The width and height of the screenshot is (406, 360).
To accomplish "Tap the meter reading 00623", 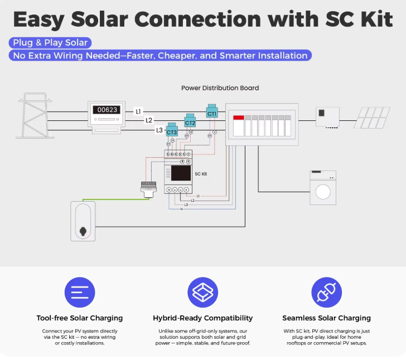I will pyautogui.click(x=107, y=110).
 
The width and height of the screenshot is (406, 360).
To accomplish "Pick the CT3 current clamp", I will pyautogui.click(x=172, y=131).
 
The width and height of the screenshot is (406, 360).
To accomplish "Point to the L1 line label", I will pyautogui.click(x=138, y=111).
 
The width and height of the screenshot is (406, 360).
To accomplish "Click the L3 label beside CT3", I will pyautogui.click(x=159, y=130).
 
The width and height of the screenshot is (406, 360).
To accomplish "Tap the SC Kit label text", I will pyautogui.click(x=201, y=174).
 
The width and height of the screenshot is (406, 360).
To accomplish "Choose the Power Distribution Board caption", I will pyautogui.click(x=220, y=88).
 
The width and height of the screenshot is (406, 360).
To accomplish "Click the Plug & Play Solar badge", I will pyautogui.click(x=50, y=42).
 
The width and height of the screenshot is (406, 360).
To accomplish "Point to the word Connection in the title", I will pyautogui.click(x=197, y=20).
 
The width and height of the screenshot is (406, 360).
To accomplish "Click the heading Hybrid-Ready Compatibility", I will pyautogui.click(x=202, y=318).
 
